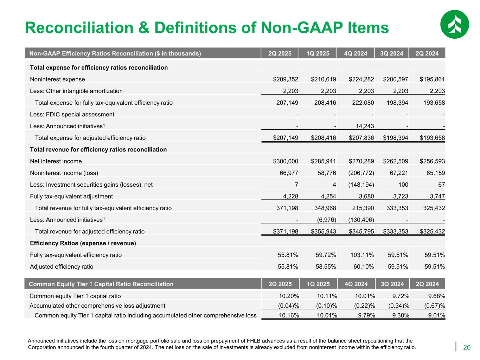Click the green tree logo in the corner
pyautogui.click(x=454, y=24)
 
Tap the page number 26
pyautogui.click(x=467, y=348)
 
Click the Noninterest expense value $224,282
pyautogui.click(x=361, y=79)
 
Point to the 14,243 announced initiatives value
pyautogui.click(x=364, y=126)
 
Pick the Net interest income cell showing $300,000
pyautogui.click(x=286, y=161)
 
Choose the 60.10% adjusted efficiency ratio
pyautogui.click(x=364, y=266)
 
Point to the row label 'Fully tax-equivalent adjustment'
pyautogui.click(x=71, y=197)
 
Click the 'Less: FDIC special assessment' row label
pyautogui.click(x=72, y=115)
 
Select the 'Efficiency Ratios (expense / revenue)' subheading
pyautogui.click(x=83, y=243)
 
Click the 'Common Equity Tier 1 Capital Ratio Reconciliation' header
pyautogui.click(x=101, y=284)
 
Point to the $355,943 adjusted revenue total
pyautogui.click(x=323, y=232)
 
